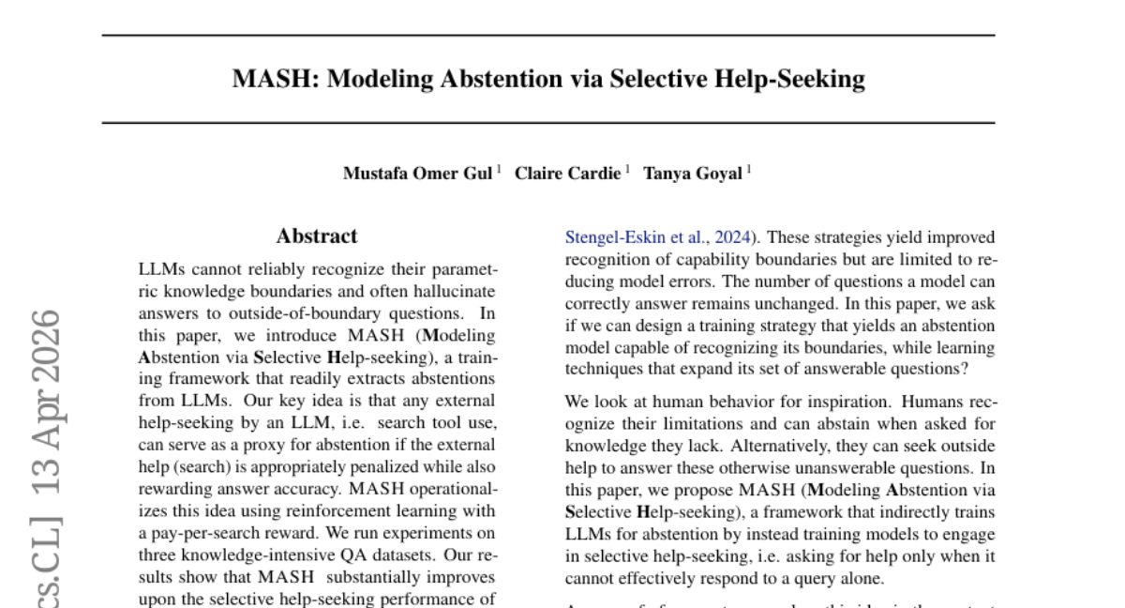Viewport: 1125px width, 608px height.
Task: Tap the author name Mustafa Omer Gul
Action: pos(417,174)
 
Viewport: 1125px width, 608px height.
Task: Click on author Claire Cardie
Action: pos(567,174)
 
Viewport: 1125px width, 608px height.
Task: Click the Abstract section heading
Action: pos(317,236)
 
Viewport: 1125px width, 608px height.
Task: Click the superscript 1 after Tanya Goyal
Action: pos(749,169)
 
